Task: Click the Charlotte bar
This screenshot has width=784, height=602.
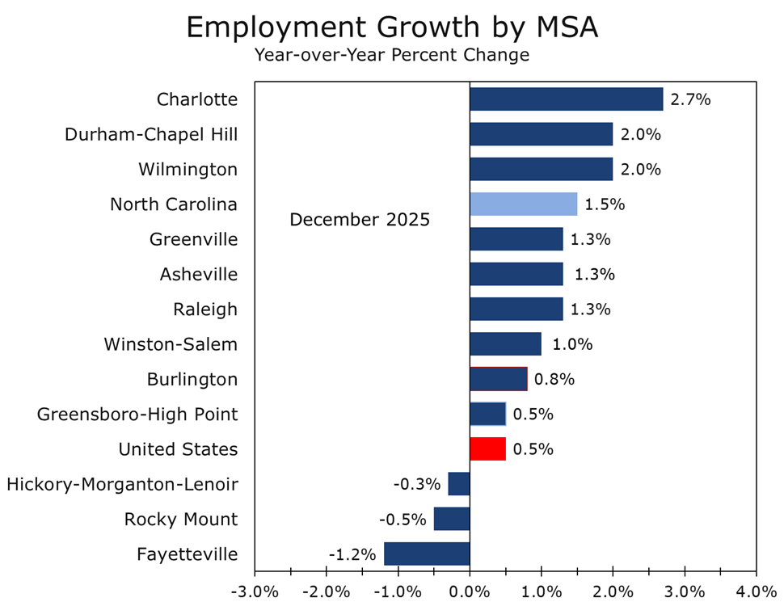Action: click(566, 99)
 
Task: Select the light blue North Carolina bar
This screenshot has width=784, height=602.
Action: click(523, 204)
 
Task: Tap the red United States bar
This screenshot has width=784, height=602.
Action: click(487, 449)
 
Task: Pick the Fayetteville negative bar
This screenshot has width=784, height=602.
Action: click(427, 554)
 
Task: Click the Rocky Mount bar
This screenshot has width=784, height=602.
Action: click(452, 519)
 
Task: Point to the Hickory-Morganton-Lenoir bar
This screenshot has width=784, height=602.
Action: click(459, 484)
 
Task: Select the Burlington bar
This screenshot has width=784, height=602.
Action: click(498, 379)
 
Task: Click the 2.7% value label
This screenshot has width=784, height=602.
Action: click(690, 100)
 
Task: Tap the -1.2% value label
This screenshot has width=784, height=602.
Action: click(352, 555)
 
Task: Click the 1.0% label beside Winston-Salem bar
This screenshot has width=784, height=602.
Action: click(572, 345)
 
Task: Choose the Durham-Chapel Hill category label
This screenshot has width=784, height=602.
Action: click(151, 135)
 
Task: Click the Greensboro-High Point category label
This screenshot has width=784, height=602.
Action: click(137, 415)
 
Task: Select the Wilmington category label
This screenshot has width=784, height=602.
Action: click(188, 170)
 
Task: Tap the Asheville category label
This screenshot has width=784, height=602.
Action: click(199, 275)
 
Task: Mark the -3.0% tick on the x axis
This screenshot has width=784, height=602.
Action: click(255, 591)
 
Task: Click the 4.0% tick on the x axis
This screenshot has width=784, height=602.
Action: click(756, 591)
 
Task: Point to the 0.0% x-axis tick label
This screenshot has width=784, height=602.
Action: click(470, 591)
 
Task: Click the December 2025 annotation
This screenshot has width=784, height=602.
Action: click(360, 220)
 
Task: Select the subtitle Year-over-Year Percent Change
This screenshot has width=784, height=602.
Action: click(391, 56)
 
